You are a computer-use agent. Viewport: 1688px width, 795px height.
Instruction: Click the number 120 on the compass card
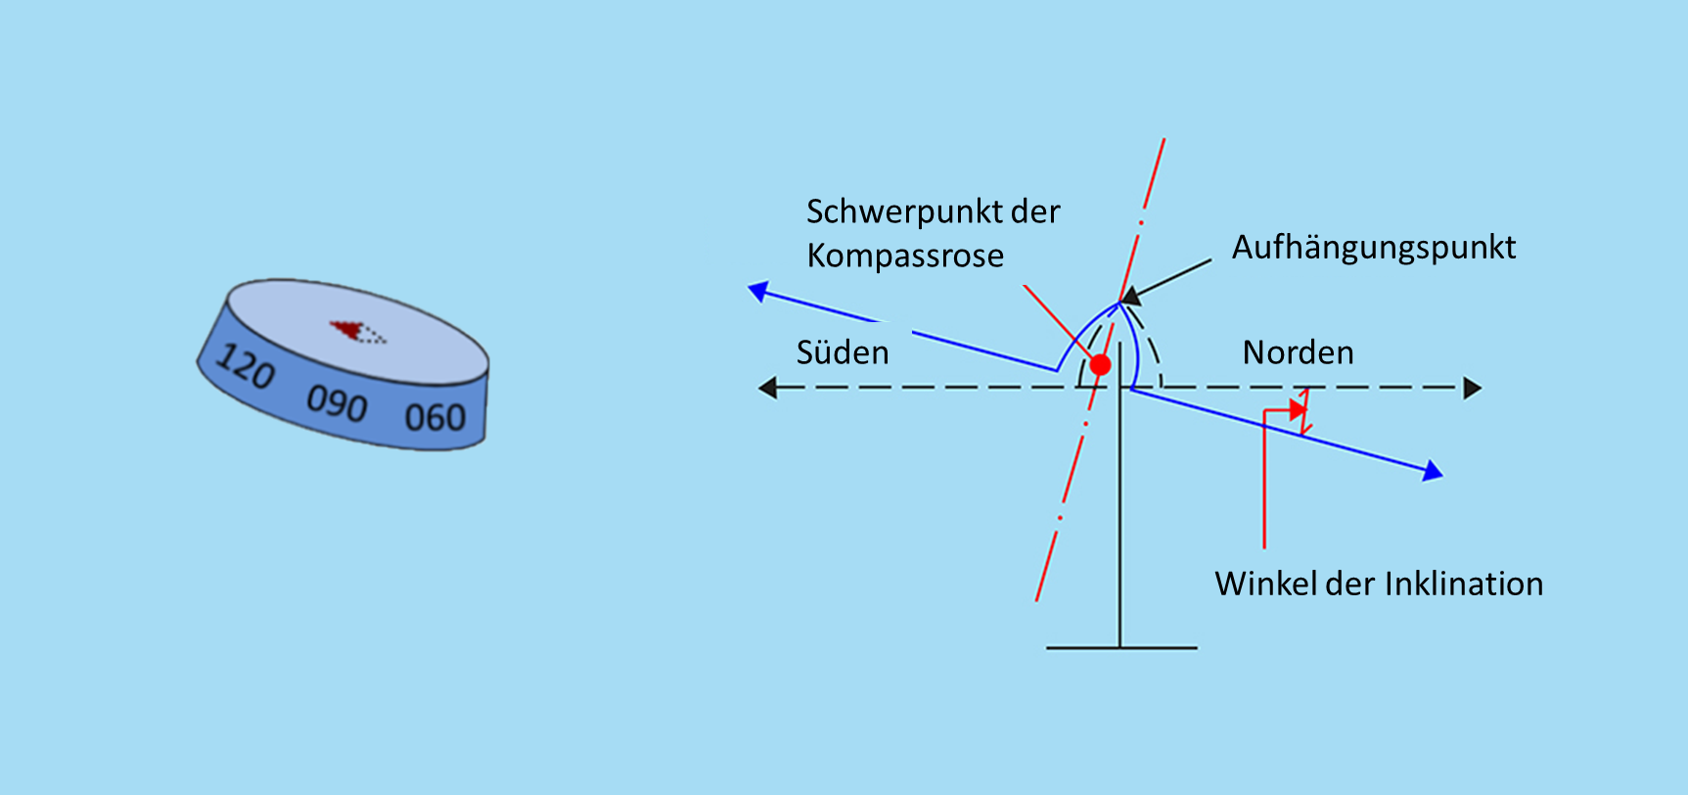(x=245, y=366)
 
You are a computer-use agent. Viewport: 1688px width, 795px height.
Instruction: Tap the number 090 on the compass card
(x=337, y=401)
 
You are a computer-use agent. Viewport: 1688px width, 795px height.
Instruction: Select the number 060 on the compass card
(x=435, y=418)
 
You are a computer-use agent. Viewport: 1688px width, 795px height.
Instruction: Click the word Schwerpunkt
(x=892, y=212)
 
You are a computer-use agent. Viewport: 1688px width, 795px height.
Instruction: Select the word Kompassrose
(x=905, y=257)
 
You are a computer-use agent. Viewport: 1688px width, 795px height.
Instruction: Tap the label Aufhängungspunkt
(x=1373, y=248)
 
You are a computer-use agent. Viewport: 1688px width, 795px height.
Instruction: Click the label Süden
(x=843, y=352)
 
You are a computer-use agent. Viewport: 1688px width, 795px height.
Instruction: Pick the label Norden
(x=1298, y=352)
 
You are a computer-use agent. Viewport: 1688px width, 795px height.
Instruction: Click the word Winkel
(x=1265, y=585)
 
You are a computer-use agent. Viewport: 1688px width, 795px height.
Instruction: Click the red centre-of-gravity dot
(x=1101, y=365)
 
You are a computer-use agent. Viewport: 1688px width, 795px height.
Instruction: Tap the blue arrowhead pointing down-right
(x=1433, y=472)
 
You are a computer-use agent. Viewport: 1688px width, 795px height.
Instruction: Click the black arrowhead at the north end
(x=1473, y=389)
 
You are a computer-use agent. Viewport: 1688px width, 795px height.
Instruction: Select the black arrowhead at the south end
(x=768, y=389)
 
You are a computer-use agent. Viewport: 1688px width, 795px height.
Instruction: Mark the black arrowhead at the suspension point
(x=1131, y=296)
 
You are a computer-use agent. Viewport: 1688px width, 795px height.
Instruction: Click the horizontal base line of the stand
(x=1121, y=648)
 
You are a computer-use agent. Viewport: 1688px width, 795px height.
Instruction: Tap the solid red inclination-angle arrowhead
(x=1299, y=409)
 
